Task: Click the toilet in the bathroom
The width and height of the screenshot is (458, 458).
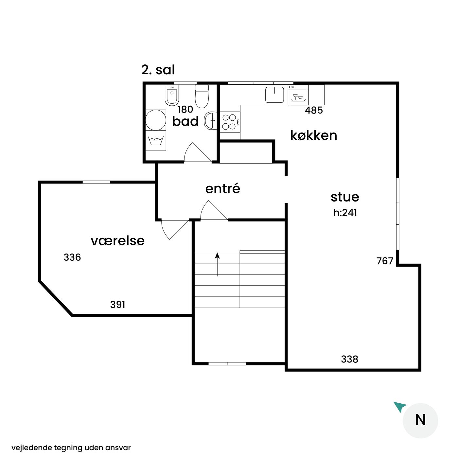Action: [202, 96]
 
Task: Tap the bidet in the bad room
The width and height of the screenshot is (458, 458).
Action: [172, 95]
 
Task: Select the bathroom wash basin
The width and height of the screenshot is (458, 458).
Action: [210, 120]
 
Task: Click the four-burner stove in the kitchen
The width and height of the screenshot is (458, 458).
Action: [230, 122]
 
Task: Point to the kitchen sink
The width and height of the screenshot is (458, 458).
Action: [274, 95]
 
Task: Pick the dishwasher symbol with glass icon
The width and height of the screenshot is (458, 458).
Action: [298, 95]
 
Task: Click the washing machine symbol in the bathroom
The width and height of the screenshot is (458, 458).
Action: [155, 140]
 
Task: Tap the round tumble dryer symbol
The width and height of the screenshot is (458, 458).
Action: [155, 120]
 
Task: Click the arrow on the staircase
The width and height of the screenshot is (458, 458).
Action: [217, 264]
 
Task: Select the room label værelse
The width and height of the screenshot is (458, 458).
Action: [117, 241]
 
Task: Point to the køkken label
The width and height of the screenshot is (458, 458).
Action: [313, 135]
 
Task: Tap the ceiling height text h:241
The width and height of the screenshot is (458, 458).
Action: [345, 213]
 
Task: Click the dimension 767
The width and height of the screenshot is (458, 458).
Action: [385, 261]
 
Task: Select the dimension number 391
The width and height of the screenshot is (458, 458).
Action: [118, 305]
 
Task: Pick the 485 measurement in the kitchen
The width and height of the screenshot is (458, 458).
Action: [314, 110]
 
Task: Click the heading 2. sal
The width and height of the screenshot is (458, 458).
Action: [158, 70]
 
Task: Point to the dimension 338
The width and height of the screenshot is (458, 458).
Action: [349, 359]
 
